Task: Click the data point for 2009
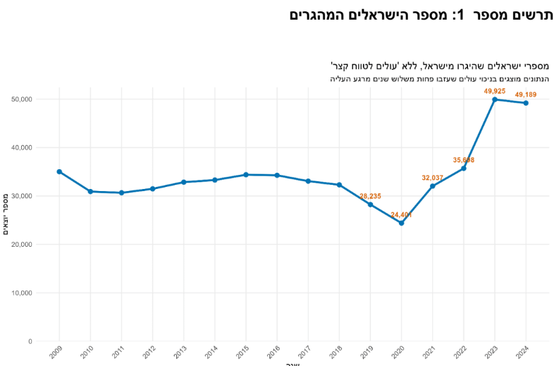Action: click(59, 171)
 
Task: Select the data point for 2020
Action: click(401, 223)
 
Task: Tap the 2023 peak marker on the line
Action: click(495, 99)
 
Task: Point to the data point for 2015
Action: click(246, 174)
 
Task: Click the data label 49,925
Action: click(495, 91)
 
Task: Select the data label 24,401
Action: click(401, 214)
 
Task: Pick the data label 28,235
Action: click(370, 196)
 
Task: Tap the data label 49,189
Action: click(526, 94)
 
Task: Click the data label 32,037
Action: click(432, 178)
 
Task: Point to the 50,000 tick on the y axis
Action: click(22, 99)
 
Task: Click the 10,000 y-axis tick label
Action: click(22, 293)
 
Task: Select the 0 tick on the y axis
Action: click(30, 341)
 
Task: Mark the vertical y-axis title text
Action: click(6, 214)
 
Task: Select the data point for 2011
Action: click(121, 193)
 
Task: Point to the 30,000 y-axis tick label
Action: click(22, 196)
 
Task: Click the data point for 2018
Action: click(339, 185)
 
